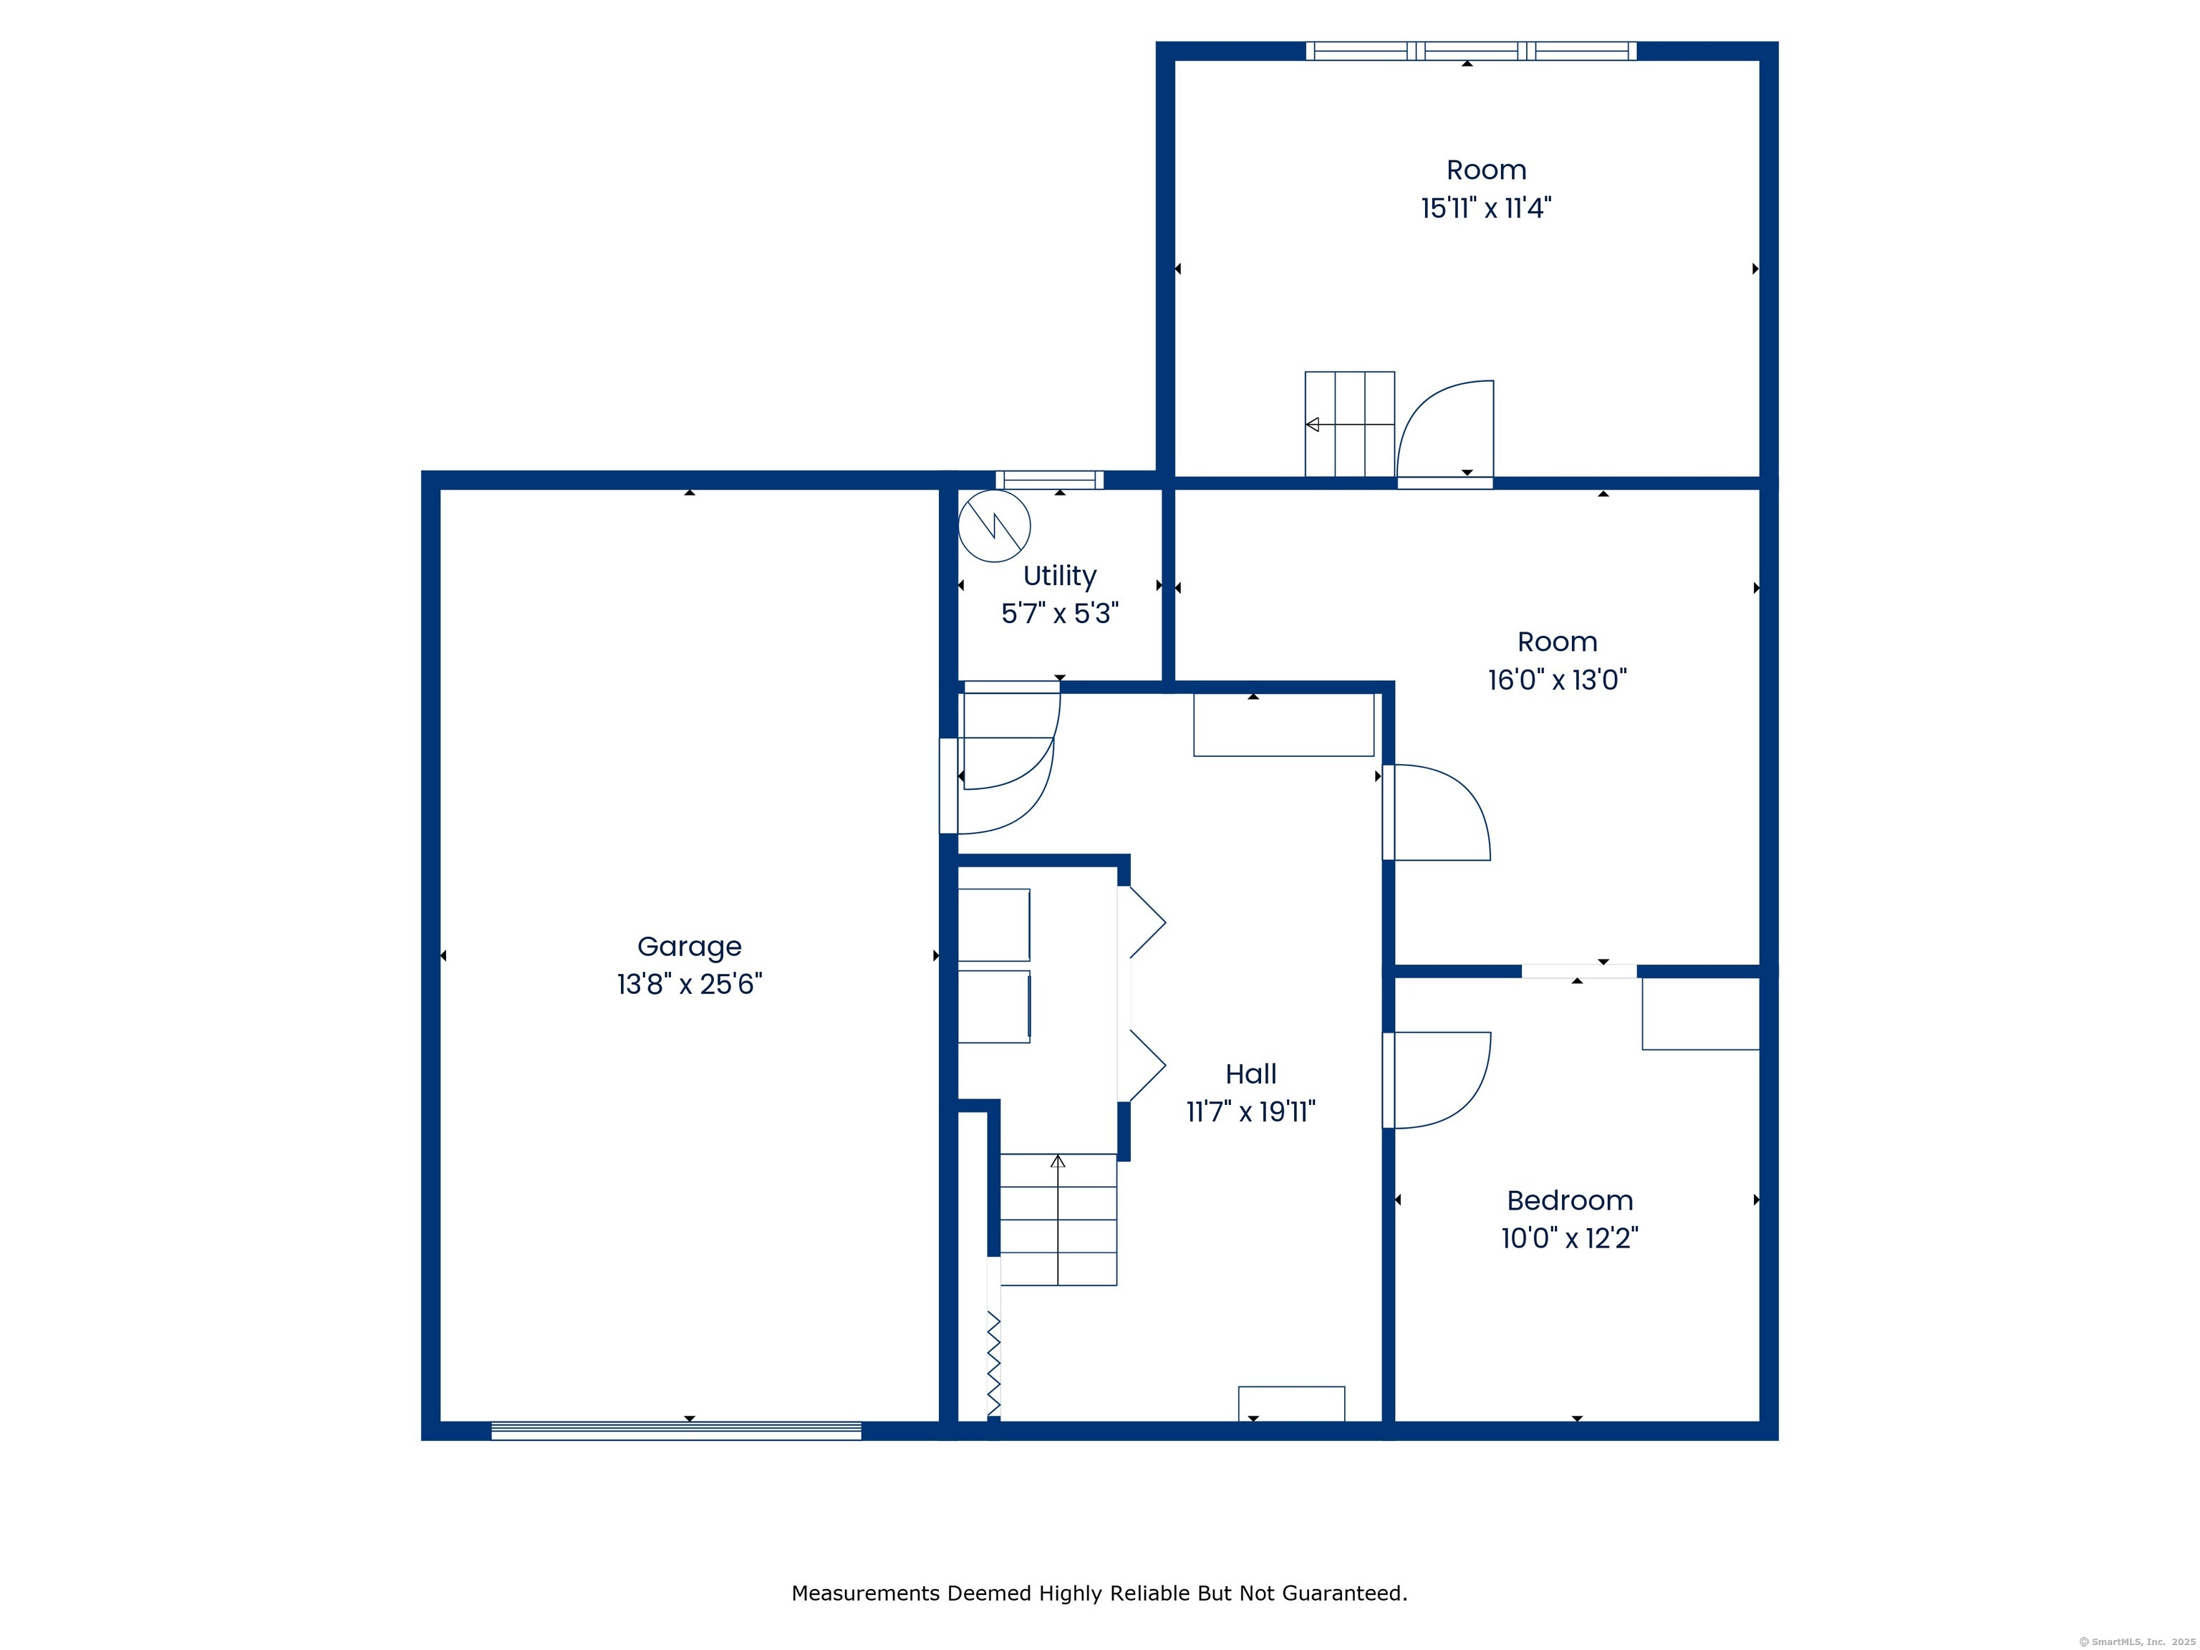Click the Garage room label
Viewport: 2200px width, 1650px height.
[689, 947]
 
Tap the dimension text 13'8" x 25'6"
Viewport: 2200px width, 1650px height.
[689, 985]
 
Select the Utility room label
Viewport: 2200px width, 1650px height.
[1059, 576]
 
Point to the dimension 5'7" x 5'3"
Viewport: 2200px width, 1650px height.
[1059, 614]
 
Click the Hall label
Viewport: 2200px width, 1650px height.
[1250, 1074]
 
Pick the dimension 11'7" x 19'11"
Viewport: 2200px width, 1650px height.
[1250, 1112]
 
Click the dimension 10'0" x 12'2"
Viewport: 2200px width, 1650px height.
[1570, 1238]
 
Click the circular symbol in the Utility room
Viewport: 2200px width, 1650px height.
[993, 526]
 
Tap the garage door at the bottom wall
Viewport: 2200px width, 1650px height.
[676, 1431]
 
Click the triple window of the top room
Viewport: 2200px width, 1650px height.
[1471, 51]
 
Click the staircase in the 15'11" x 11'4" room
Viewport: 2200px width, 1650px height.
[1350, 425]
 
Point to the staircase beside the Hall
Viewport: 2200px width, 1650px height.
[1058, 1220]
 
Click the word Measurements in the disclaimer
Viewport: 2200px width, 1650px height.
[865, 1593]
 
